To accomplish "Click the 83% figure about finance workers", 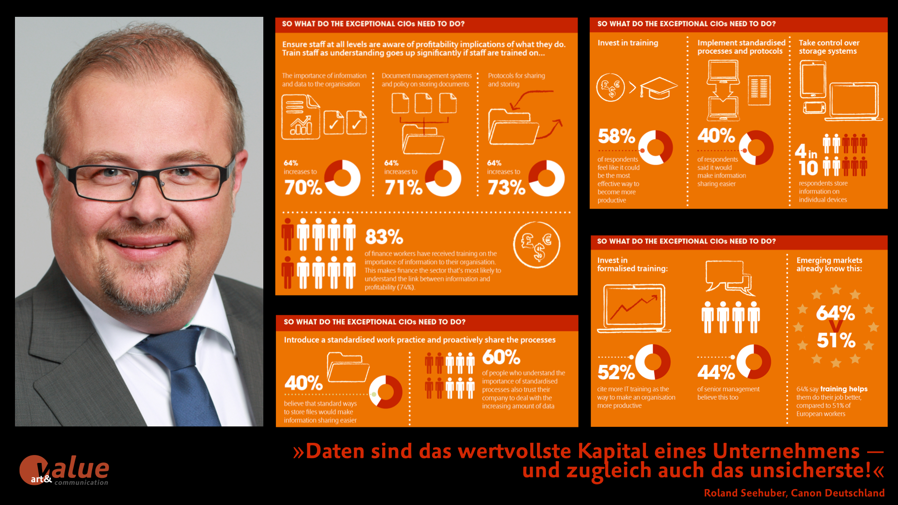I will tap(384, 237).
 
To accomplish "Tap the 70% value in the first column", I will tap(303, 188).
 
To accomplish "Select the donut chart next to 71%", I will tap(443, 178).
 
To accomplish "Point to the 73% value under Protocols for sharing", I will tap(506, 188).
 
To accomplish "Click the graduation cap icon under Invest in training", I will tap(659, 87).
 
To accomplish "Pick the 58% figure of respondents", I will tap(616, 136).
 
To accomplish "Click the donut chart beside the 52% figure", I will tap(652, 361).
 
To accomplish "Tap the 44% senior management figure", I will tap(716, 372).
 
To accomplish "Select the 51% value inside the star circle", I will tap(836, 340).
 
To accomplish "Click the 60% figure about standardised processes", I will tap(501, 357).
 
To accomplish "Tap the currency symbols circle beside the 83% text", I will tap(536, 245).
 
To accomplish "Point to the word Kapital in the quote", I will tap(613, 451).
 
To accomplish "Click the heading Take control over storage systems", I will tap(828, 47).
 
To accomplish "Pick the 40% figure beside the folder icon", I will tap(303, 383).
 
